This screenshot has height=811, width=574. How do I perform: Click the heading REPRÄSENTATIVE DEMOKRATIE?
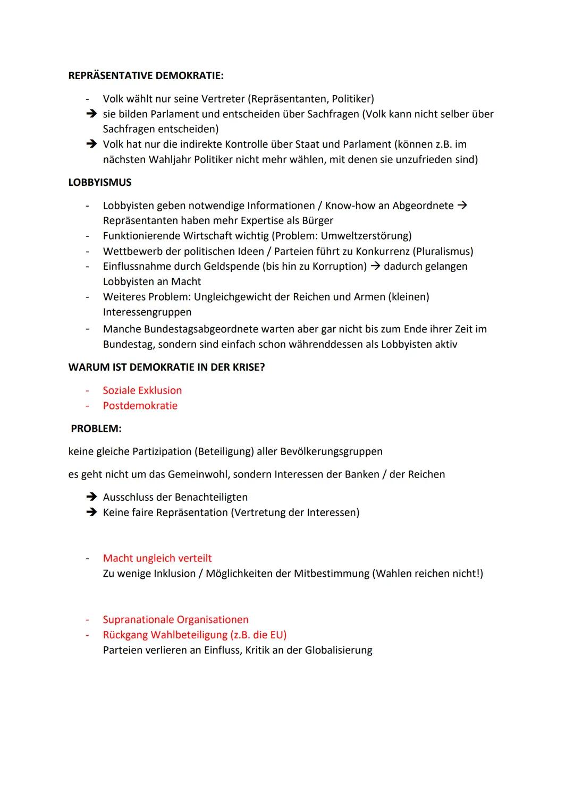point(146,75)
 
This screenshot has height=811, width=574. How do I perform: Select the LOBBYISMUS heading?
point(100,182)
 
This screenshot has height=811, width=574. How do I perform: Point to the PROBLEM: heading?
point(96,428)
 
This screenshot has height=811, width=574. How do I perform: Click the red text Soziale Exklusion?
point(142,390)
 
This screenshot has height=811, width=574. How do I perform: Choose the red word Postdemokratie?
point(140,406)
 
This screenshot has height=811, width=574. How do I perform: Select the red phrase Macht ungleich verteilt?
point(157,558)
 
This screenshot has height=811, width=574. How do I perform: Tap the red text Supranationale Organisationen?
point(175,619)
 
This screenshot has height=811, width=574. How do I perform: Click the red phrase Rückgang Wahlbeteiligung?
point(165,635)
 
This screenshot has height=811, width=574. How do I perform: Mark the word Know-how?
point(349,206)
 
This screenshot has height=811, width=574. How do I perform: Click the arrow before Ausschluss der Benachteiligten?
point(91,497)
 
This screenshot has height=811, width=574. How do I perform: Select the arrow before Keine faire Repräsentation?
point(91,513)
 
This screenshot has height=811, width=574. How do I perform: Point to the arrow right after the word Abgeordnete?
point(462,206)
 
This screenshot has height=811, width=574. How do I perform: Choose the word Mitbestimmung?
point(332,574)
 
